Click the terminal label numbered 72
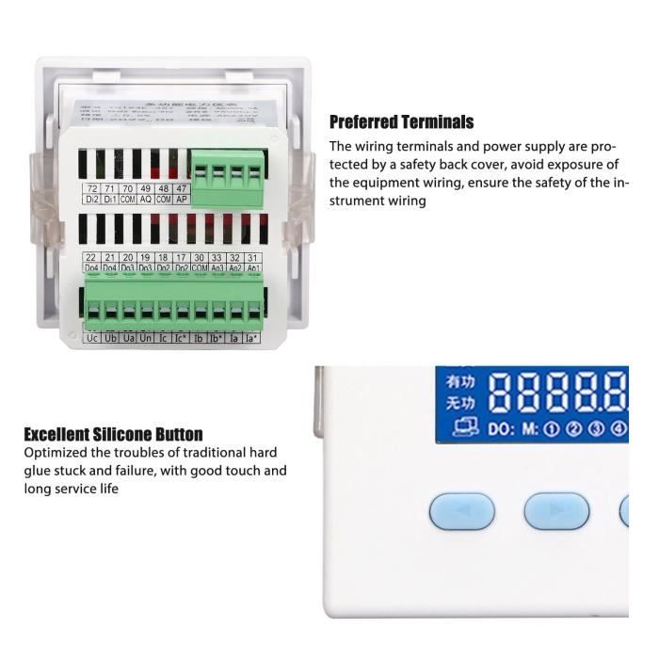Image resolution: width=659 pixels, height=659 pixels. coord(91,189)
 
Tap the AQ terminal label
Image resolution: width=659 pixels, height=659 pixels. coord(146,201)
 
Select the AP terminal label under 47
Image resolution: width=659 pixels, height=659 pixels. coord(182,201)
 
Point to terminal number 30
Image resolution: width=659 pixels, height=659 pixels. coord(200,257)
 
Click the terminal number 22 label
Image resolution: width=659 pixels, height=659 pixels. coord(91,257)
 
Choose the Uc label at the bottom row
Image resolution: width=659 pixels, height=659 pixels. coord(91,337)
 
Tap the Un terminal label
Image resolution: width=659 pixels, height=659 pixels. coord(146,337)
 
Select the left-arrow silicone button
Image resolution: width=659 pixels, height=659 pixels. coord(461,510)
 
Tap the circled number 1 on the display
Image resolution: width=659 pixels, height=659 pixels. coord(553,430)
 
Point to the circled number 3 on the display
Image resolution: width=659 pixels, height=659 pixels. coord(595,430)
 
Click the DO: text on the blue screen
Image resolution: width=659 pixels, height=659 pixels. coord(500,430)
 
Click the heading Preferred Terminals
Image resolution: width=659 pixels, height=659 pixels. coord(401,122)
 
